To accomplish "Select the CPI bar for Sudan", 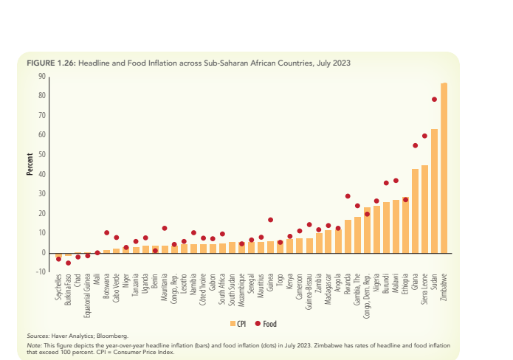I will click(x=435, y=191).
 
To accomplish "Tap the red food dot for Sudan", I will click(x=435, y=100).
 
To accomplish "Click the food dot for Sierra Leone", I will click(x=424, y=136).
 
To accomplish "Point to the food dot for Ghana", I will click(x=415, y=145).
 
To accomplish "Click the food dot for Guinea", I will click(x=271, y=220).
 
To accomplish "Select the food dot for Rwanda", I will click(x=348, y=196).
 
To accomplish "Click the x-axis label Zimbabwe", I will click(x=444, y=289).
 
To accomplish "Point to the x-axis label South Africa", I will click(x=223, y=291).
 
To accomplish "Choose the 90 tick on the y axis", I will click(x=42, y=76).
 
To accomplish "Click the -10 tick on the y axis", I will click(x=41, y=272).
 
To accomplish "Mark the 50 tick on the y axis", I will click(x=42, y=154).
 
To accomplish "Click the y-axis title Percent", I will click(x=30, y=165).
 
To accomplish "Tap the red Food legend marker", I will click(x=258, y=323).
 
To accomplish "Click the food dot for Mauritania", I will click(x=165, y=229).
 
